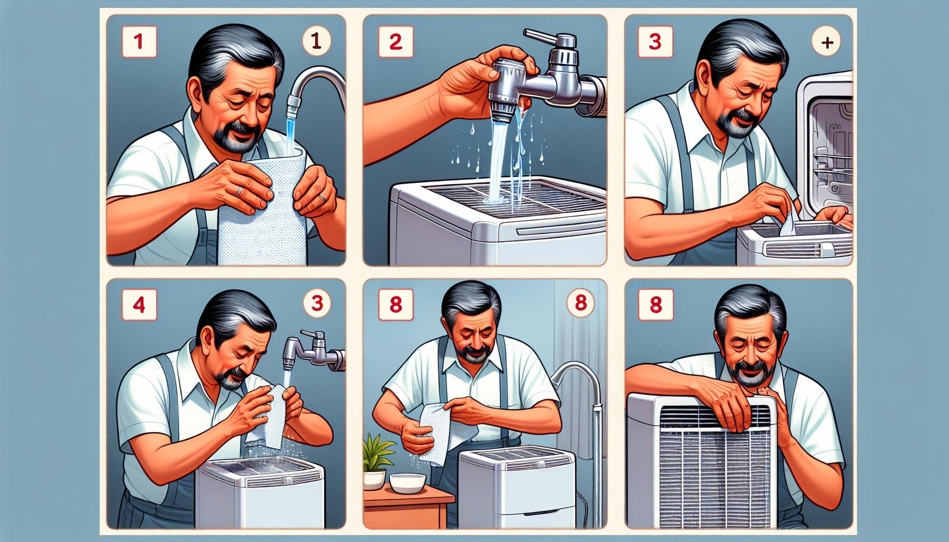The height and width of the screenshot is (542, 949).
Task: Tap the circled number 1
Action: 317,41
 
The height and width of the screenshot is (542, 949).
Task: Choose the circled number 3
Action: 317,303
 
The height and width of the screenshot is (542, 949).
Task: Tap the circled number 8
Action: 580,303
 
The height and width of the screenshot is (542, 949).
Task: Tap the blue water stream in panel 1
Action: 292,127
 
